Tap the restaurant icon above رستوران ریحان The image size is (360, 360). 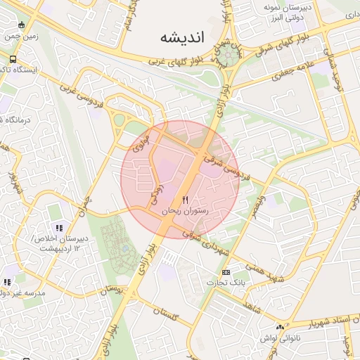(x=186, y=200)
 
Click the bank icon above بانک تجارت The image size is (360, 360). (x=226, y=272)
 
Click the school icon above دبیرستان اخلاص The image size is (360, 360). (x=60, y=228)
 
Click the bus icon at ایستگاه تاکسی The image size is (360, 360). (x=13, y=60)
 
